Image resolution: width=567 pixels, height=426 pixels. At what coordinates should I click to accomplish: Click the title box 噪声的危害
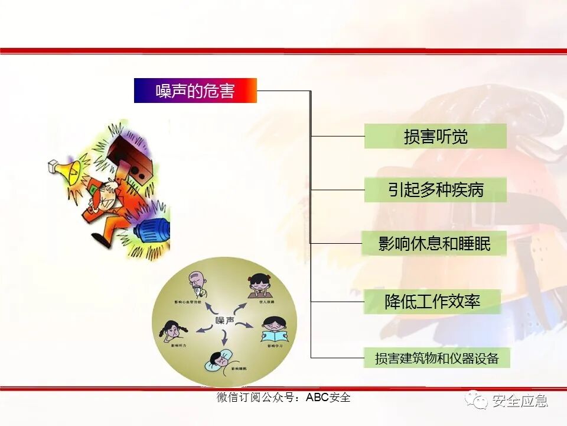[195, 91]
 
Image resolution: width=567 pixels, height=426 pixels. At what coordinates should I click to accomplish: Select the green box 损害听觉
[435, 136]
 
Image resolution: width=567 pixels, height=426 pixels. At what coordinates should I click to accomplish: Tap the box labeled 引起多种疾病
[435, 190]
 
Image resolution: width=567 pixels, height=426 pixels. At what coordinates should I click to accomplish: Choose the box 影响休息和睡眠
[434, 243]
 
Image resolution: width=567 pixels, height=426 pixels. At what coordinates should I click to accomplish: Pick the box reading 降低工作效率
[432, 302]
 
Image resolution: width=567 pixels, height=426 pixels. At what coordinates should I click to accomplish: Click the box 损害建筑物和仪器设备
[436, 358]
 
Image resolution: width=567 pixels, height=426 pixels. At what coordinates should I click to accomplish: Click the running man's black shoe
[100, 240]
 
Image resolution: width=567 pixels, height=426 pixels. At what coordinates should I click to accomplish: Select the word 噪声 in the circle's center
[224, 320]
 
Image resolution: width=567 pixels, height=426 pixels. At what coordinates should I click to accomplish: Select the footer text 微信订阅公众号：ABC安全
[283, 398]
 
